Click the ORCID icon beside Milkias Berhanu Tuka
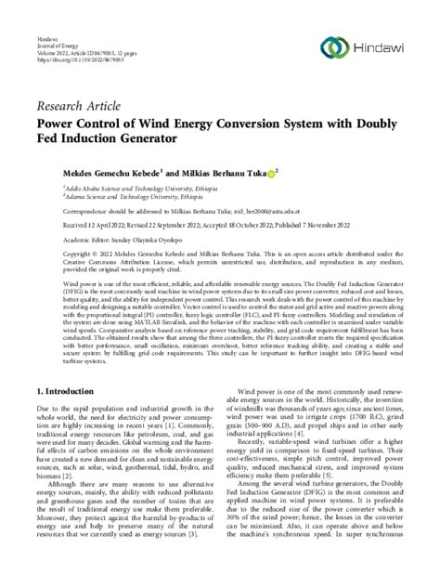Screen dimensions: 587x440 pos(247,172)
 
